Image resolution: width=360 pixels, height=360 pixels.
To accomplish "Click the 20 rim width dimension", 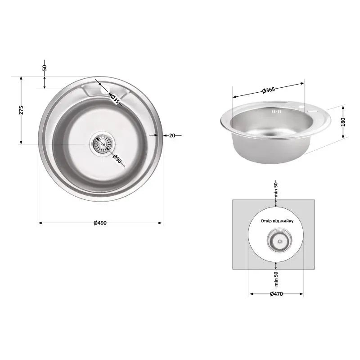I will tap(172, 135).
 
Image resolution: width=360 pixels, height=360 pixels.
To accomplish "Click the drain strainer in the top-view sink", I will tap(101, 144).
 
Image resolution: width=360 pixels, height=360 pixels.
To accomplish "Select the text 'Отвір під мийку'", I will tap(276, 221).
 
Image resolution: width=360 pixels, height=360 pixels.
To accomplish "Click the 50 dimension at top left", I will tap(45, 68).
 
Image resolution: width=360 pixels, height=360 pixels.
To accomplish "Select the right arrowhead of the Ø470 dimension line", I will tap(302, 294).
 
